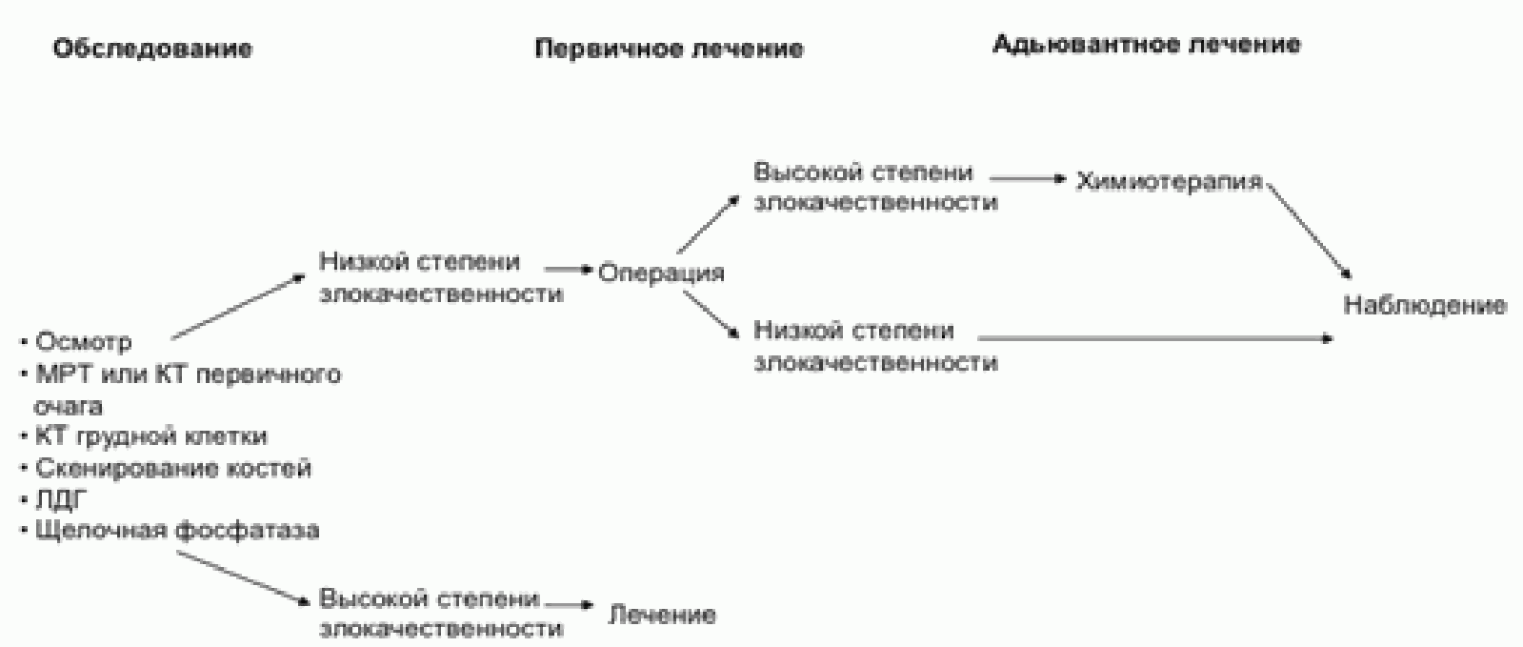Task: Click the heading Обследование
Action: (152, 50)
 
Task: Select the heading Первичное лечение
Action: (669, 50)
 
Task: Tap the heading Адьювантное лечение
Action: (1146, 45)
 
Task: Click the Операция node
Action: (661, 273)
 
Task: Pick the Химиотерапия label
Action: (1169, 181)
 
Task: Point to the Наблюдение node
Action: (1424, 305)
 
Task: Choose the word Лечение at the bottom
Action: (662, 615)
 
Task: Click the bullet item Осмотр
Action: (83, 342)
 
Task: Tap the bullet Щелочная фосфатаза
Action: (176, 531)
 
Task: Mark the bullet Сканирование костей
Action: (172, 469)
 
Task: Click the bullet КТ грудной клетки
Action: (150, 436)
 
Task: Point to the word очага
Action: (68, 406)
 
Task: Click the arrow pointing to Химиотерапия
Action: (1029, 177)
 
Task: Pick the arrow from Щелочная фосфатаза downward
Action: (244, 577)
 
